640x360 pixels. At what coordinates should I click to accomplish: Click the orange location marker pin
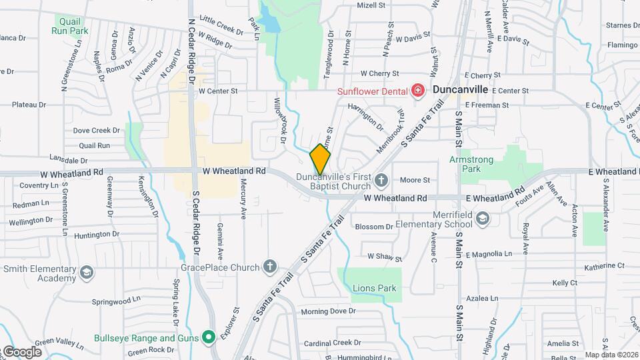321,159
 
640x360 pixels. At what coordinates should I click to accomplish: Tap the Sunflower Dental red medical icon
418,90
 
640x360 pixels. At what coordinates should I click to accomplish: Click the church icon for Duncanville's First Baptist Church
381,179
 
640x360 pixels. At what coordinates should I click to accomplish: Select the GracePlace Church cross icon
270,267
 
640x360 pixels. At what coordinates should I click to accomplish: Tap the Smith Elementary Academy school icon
87,272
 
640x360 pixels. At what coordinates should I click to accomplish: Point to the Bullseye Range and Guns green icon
209,338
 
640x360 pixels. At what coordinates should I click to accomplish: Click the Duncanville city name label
461,89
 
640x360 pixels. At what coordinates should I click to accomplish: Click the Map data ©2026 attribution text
611,355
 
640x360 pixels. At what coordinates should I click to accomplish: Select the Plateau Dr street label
29,105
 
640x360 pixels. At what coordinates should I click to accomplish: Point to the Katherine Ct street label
604,265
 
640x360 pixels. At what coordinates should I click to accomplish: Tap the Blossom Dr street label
374,227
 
